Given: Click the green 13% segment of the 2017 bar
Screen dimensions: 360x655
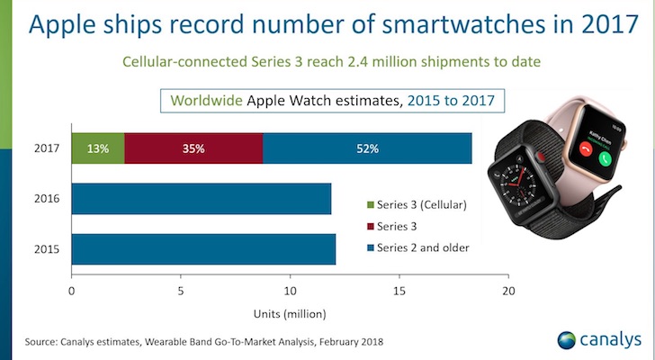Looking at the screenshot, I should point(97,147).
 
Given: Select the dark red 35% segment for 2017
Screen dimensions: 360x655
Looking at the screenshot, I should point(193,147).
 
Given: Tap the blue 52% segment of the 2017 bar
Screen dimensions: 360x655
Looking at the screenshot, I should point(367,147).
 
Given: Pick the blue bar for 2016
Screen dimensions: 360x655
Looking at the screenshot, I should point(201,198).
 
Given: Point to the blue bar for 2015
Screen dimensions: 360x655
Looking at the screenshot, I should point(202,249).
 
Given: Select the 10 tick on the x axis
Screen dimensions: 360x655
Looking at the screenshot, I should point(290,292).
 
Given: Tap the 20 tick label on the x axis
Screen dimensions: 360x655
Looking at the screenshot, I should point(509,292).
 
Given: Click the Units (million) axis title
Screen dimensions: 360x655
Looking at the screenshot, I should point(289,313).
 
